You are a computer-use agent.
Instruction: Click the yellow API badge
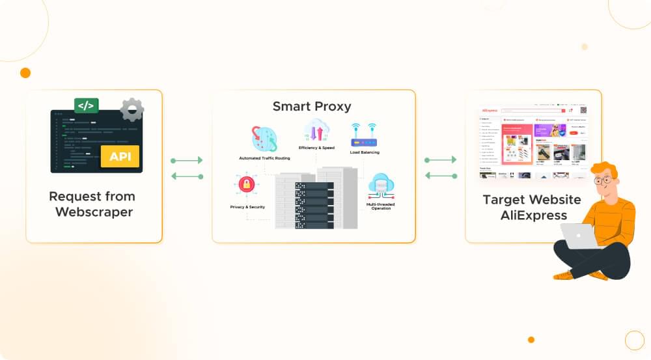(120, 156)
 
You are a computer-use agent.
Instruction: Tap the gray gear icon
(132, 110)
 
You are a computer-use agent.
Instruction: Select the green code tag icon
(86, 105)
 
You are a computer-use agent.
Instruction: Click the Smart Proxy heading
(312, 106)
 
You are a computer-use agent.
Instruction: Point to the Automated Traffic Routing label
(264, 158)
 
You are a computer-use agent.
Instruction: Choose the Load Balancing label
(365, 152)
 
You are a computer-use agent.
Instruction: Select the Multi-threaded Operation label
(381, 206)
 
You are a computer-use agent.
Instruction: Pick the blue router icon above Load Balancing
(364, 135)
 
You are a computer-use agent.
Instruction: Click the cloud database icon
(381, 185)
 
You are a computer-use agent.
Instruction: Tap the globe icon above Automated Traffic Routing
(265, 139)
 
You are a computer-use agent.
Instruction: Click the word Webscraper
(94, 212)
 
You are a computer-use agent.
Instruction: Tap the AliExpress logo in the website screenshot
(490, 111)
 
